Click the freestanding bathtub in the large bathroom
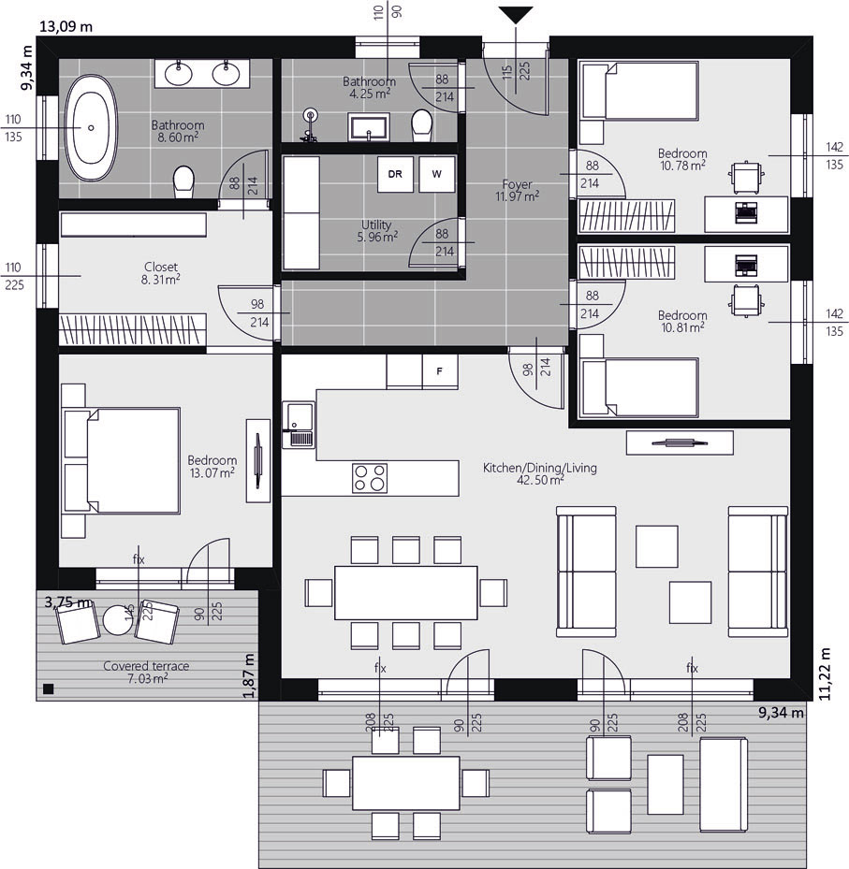[91, 128]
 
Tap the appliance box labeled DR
[395, 174]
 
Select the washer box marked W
[437, 174]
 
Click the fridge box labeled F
[440, 371]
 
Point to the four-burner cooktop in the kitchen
[370, 478]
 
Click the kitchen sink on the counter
[299, 425]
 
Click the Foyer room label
[517, 184]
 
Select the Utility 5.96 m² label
[377, 231]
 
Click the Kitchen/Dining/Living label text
[540, 468]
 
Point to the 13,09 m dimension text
[66, 26]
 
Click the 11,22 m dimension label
[826, 673]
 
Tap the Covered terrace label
[146, 666]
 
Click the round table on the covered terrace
[118, 620]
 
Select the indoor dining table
[406, 592]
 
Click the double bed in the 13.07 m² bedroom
[122, 460]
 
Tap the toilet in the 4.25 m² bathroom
[422, 124]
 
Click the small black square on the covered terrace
[49, 689]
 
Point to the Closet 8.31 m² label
[161, 273]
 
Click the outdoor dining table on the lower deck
[406, 783]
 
